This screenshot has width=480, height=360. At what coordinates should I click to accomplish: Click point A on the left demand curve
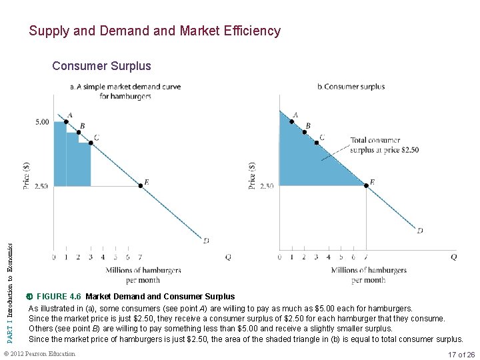pyautogui.click(x=66, y=122)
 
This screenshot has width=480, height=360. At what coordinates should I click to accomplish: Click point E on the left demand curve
pyautogui.click(x=141, y=185)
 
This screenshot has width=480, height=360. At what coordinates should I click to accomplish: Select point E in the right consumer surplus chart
pyautogui.click(x=366, y=185)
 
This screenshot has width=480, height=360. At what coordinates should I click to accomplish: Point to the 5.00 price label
pyautogui.click(x=41, y=122)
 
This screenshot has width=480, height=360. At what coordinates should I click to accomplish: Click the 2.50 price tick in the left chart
pyautogui.click(x=41, y=186)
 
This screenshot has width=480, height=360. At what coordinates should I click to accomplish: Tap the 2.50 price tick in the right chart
pyautogui.click(x=267, y=186)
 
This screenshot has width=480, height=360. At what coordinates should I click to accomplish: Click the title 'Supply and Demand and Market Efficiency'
pyautogui.click(x=155, y=31)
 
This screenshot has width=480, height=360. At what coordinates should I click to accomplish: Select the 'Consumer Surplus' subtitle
pyautogui.click(x=101, y=66)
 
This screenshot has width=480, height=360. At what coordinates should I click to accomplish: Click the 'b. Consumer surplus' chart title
pyautogui.click(x=351, y=87)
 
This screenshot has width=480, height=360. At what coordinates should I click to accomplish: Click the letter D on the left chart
pyautogui.click(x=206, y=240)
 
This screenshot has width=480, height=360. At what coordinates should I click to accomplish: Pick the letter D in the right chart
pyautogui.click(x=420, y=231)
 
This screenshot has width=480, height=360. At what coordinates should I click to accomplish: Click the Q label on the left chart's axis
pyautogui.click(x=228, y=257)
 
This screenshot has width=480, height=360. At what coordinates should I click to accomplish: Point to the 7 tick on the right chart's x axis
pyautogui.click(x=366, y=257)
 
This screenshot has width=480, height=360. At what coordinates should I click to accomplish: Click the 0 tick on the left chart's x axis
pyautogui.click(x=54, y=257)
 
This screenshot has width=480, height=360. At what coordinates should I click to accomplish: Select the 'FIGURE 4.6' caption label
pyautogui.click(x=59, y=297)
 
